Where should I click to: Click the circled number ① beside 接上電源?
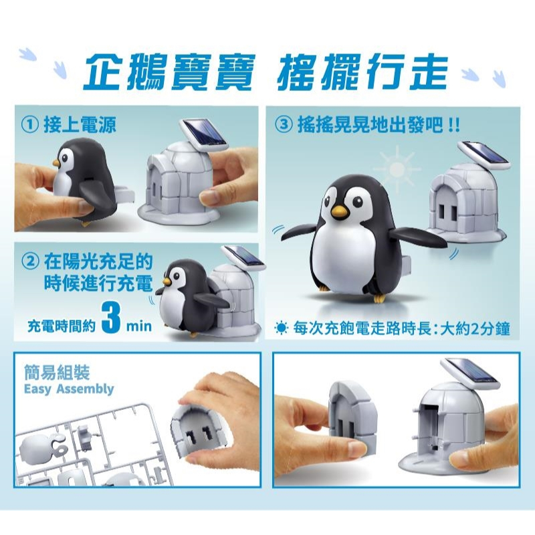[29, 125]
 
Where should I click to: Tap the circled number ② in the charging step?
[30, 261]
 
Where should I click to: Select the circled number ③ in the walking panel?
[284, 125]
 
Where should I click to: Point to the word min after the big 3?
[138, 326]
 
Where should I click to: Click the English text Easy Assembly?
[69, 389]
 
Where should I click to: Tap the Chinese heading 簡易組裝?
[57, 372]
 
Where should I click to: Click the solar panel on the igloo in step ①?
[203, 136]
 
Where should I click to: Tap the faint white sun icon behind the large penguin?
[397, 168]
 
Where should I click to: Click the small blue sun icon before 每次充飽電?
[282, 328]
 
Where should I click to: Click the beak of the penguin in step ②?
[166, 280]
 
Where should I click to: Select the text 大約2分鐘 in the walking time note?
[475, 328]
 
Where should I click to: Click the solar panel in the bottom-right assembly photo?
[470, 374]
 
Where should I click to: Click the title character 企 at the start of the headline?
[102, 71]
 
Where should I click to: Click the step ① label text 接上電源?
[80, 125]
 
